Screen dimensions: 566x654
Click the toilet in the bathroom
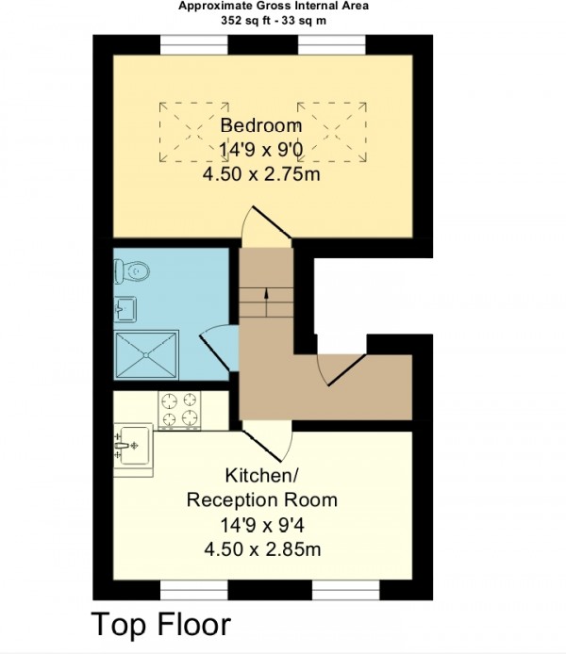pos(131,271)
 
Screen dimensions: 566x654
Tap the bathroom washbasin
pos(125,309)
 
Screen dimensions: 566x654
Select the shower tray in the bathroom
pos(146,355)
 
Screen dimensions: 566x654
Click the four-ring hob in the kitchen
pos(179,410)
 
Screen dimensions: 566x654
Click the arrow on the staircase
pos(266,302)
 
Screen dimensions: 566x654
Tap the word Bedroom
pos(261,125)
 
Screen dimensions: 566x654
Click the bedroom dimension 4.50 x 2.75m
pos(261,174)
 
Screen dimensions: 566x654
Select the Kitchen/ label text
pos(261,475)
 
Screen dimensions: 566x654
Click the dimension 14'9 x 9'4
pos(261,525)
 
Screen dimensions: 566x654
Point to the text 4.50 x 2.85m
pos(262,549)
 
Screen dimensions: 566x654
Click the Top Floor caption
pos(160,625)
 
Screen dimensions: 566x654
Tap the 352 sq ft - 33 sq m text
pos(274,21)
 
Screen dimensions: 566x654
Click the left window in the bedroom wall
pos(194,44)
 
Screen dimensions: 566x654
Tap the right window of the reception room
pos(346,590)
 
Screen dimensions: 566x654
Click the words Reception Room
pos(261,499)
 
